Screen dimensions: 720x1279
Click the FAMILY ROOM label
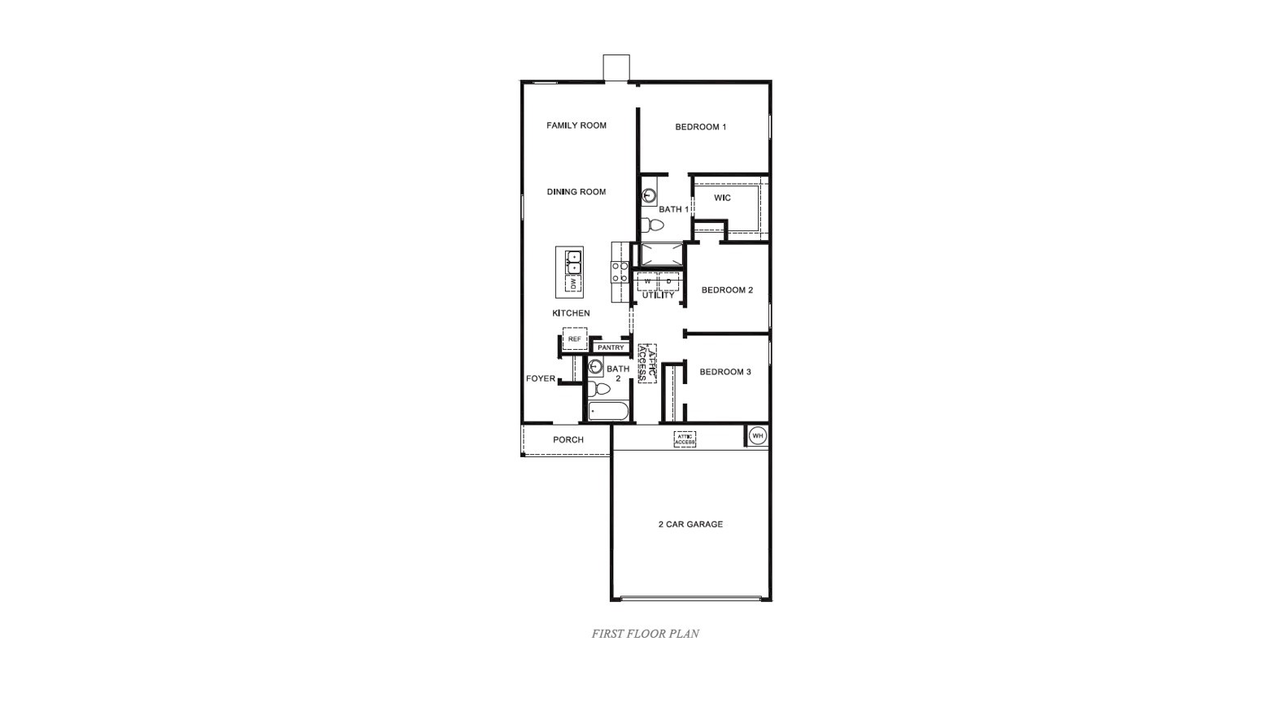pyautogui.click(x=576, y=125)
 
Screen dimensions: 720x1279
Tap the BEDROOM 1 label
pyautogui.click(x=700, y=127)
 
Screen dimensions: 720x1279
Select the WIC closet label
pyautogui.click(x=722, y=198)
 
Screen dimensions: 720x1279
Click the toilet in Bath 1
pyautogui.click(x=651, y=225)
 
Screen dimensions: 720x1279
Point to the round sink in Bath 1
pyautogui.click(x=650, y=196)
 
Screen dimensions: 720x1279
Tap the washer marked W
pyautogui.click(x=647, y=282)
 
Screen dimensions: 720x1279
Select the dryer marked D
pyautogui.click(x=668, y=282)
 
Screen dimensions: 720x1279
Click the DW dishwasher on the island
pyautogui.click(x=573, y=284)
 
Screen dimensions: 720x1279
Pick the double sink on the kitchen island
pyautogui.click(x=573, y=262)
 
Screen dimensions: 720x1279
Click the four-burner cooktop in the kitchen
pyautogui.click(x=620, y=273)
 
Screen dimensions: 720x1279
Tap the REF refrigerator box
pyautogui.click(x=574, y=339)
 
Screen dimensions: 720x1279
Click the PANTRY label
pyautogui.click(x=610, y=348)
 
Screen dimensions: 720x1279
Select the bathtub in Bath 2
pyautogui.click(x=608, y=412)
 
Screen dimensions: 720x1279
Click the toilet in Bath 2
pyautogui.click(x=598, y=388)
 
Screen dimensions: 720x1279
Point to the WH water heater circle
pyautogui.click(x=757, y=436)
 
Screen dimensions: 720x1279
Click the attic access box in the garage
pyautogui.click(x=685, y=439)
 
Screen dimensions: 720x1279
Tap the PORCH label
pyautogui.click(x=568, y=440)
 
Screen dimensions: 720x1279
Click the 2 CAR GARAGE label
pyautogui.click(x=690, y=525)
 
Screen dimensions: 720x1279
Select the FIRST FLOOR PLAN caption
pyautogui.click(x=645, y=634)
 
